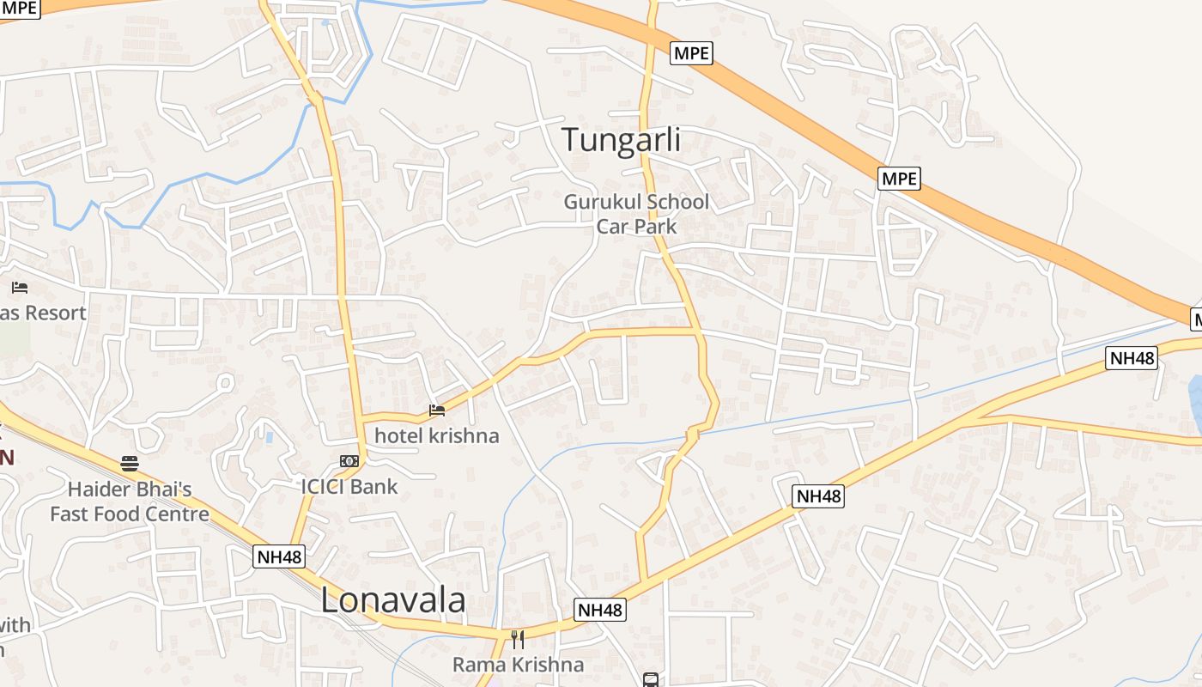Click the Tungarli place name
pyautogui.click(x=621, y=140)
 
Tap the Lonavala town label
pyautogui.click(x=393, y=600)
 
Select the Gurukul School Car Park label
pyautogui.click(x=636, y=214)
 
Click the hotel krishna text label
pyautogui.click(x=436, y=435)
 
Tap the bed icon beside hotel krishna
pyautogui.click(x=437, y=410)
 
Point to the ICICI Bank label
pyautogui.click(x=349, y=486)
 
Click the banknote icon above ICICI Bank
pyautogui.click(x=349, y=461)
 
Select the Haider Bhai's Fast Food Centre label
pyautogui.click(x=130, y=502)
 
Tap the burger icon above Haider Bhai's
pyautogui.click(x=130, y=464)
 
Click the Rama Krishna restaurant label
pyautogui.click(x=518, y=664)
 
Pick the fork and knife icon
pyautogui.click(x=517, y=639)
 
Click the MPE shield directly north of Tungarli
pyautogui.click(x=691, y=53)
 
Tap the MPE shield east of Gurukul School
pyautogui.click(x=899, y=179)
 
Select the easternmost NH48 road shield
pyautogui.click(x=1132, y=358)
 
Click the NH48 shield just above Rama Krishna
pyautogui.click(x=600, y=610)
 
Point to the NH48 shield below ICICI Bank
pyautogui.click(x=280, y=556)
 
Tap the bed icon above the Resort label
pyautogui.click(x=20, y=288)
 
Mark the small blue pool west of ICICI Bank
pyautogui.click(x=270, y=437)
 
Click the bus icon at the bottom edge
pyautogui.click(x=651, y=680)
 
